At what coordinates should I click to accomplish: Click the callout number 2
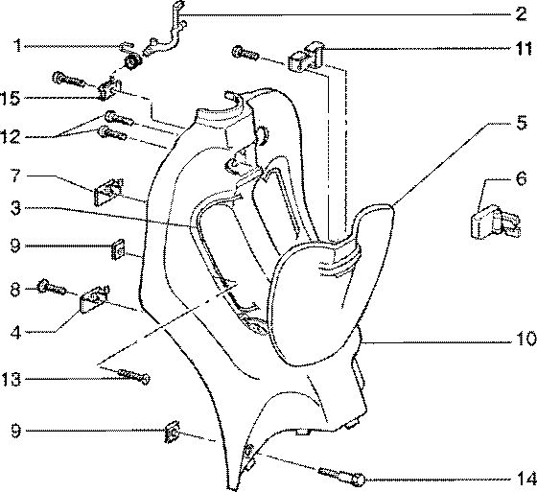pyautogui.click(x=520, y=14)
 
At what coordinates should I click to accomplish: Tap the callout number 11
pyautogui.click(x=525, y=49)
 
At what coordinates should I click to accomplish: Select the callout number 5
pyautogui.click(x=522, y=123)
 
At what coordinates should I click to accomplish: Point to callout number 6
pyautogui.click(x=522, y=178)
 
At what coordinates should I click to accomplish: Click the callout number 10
pyautogui.click(x=526, y=339)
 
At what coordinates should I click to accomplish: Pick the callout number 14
pyautogui.click(x=526, y=479)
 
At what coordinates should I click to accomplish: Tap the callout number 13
pyautogui.click(x=11, y=379)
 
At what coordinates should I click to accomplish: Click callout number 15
pyautogui.click(x=11, y=99)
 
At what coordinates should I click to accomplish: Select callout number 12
pyautogui.click(x=11, y=137)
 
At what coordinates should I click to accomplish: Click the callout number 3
pyautogui.click(x=15, y=208)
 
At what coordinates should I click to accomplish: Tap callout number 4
pyautogui.click(x=15, y=332)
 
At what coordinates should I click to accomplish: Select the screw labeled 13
pyautogui.click(x=133, y=375)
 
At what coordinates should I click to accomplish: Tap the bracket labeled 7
pyautogui.click(x=108, y=192)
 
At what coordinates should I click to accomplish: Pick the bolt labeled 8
pyautogui.click(x=52, y=287)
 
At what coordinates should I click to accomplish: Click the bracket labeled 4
pyautogui.click(x=95, y=299)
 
